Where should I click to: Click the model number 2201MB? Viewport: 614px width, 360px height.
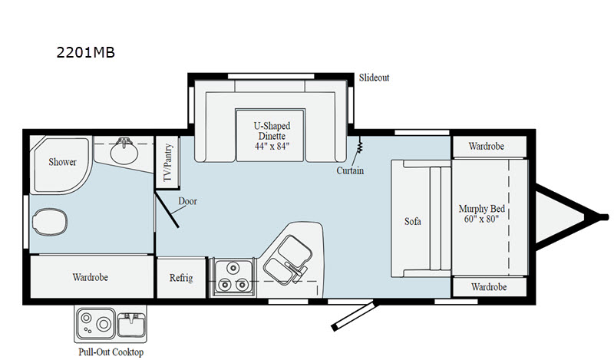(86, 52)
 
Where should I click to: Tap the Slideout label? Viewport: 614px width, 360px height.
(374, 78)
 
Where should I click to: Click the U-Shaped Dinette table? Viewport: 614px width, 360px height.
(270, 135)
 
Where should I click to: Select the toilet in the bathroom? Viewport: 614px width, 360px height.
(50, 221)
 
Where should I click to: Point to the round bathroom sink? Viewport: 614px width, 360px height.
(124, 152)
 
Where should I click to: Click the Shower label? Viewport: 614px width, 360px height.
(62, 162)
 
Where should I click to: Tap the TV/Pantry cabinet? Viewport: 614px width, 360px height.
(167, 162)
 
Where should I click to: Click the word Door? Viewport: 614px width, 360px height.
(187, 201)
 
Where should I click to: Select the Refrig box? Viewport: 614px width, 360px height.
(181, 278)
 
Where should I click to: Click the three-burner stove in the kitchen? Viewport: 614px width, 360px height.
(233, 276)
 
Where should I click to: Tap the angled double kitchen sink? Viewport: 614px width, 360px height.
(287, 259)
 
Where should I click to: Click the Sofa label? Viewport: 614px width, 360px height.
(413, 221)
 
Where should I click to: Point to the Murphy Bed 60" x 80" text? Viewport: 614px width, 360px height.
(482, 213)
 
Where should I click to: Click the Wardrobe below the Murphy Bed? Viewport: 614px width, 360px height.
(490, 287)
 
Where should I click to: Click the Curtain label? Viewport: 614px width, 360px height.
(350, 170)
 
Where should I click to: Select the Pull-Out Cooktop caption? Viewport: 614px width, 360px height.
(111, 352)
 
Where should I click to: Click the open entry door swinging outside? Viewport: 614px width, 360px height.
(355, 315)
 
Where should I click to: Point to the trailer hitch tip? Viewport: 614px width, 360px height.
(606, 216)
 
